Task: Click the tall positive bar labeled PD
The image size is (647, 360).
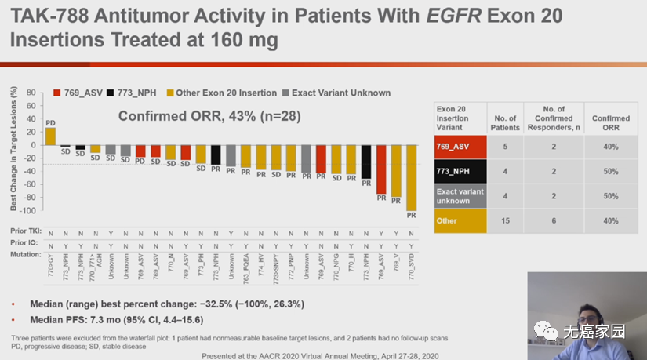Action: coord(50,136)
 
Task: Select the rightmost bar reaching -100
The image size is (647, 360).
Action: coord(411,177)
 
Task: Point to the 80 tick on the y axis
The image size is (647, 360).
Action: coord(31,93)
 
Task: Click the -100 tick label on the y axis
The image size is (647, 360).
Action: coord(29,211)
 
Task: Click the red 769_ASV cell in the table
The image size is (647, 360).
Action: coord(460,147)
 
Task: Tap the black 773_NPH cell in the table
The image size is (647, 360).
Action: coord(460,171)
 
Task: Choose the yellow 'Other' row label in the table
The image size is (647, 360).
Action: coord(460,221)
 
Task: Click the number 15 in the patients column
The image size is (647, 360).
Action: coord(505,221)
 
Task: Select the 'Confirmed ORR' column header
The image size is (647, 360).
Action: coord(610,123)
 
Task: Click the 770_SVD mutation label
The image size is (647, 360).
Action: coord(411,271)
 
